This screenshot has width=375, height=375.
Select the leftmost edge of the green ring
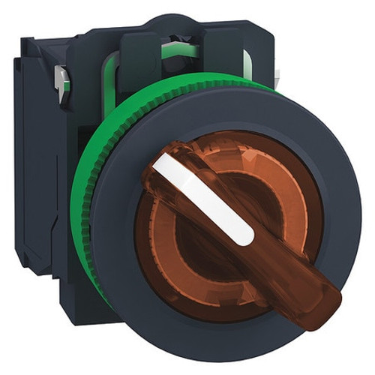(73, 210)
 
